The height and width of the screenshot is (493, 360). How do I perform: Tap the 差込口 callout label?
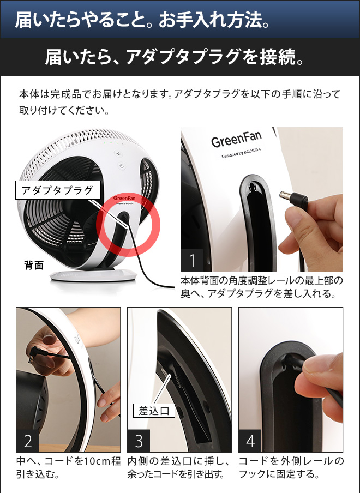pos(154,410)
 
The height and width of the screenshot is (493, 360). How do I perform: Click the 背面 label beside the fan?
pos(34,266)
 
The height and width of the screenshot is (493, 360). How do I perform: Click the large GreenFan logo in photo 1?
pos(233,141)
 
